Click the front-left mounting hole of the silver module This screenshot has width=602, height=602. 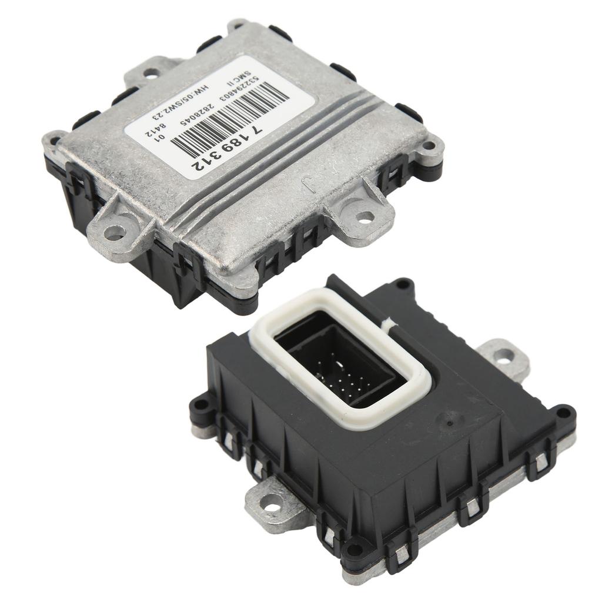[x=113, y=232]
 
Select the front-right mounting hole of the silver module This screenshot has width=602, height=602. [x=364, y=217]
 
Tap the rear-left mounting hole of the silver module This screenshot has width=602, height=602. [x=151, y=73]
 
